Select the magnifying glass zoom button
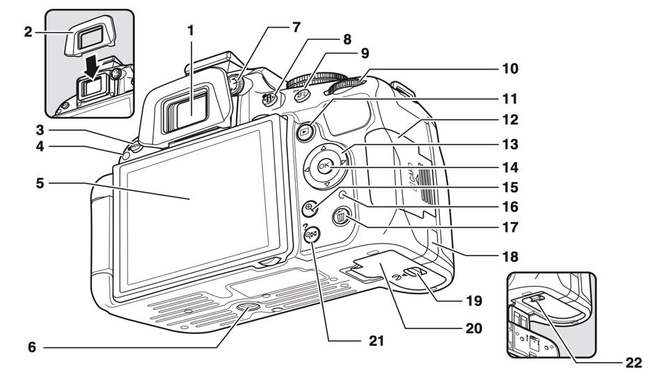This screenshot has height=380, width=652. pos(310,207)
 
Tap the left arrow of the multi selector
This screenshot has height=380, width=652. pos(306,168)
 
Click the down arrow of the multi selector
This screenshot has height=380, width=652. pos(326,184)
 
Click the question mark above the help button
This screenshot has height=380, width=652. pos(305,227)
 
